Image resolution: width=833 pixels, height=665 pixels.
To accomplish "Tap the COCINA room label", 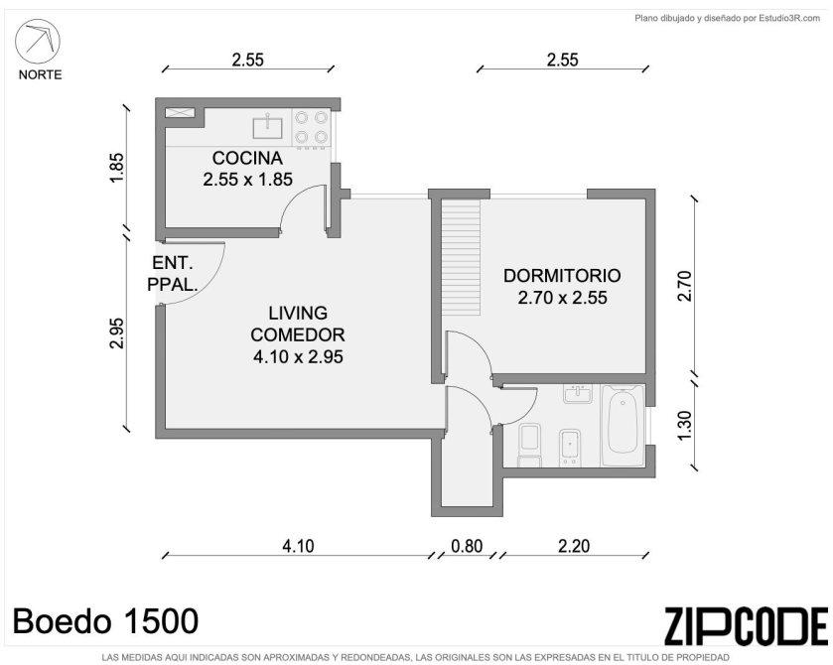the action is click(x=247, y=158).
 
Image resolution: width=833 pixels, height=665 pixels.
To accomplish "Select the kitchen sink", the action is click(x=268, y=126).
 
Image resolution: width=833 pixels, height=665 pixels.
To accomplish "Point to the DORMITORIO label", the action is click(x=562, y=276).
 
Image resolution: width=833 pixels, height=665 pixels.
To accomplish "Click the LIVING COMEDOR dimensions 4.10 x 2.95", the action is click(x=298, y=357).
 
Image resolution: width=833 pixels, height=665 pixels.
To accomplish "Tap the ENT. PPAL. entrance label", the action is click(x=172, y=274).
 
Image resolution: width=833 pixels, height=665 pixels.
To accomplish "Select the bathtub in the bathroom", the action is click(x=623, y=426).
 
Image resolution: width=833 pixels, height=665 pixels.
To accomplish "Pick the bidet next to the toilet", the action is click(x=570, y=448).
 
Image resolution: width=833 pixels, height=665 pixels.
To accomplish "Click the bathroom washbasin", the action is click(x=578, y=394).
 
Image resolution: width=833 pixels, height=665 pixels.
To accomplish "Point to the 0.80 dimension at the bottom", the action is click(x=467, y=546).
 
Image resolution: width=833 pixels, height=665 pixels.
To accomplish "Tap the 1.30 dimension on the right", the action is click(x=685, y=425).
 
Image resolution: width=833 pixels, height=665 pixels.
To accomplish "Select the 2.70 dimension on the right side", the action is click(x=685, y=286).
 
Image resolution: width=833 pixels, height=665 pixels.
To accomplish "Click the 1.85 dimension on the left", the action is click(x=116, y=168).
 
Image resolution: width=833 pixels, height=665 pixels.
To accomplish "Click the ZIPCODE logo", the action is click(x=746, y=626).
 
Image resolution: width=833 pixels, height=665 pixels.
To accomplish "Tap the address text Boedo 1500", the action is click(x=105, y=621).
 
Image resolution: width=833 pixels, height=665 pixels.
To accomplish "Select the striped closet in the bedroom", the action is click(x=461, y=256).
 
